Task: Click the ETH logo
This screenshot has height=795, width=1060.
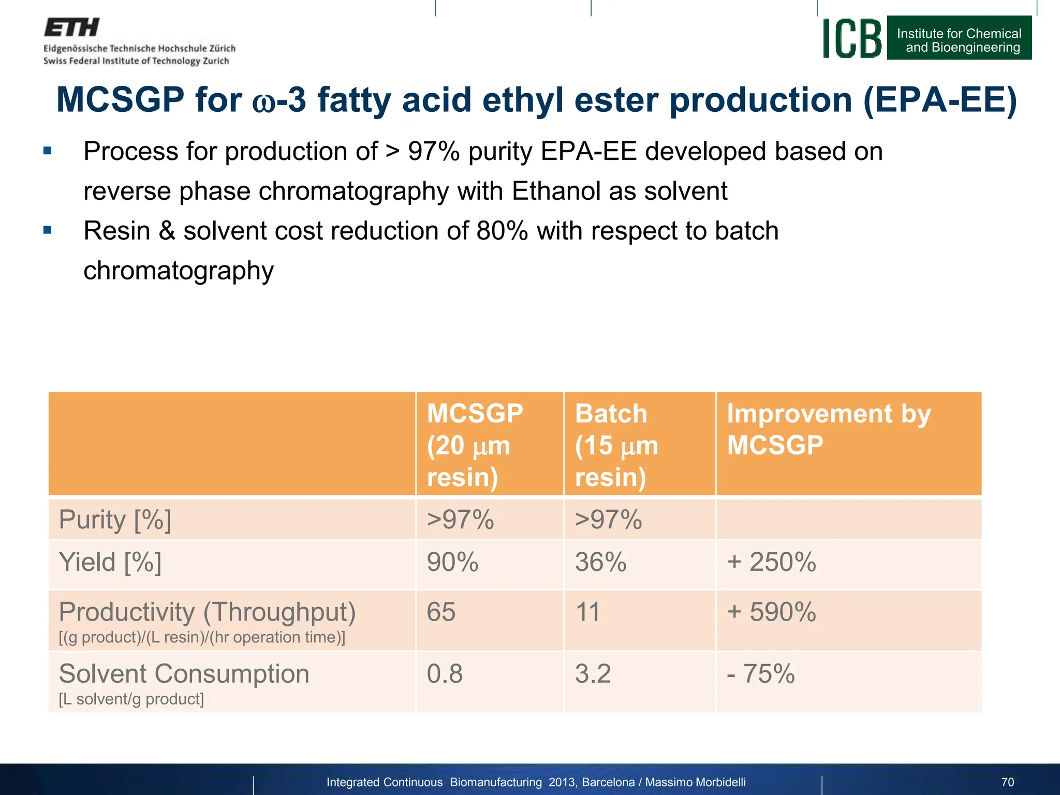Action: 71,27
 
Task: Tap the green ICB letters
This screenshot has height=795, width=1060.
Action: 852,39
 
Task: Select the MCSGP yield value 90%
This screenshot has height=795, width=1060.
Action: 452,562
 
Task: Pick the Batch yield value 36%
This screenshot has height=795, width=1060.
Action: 600,562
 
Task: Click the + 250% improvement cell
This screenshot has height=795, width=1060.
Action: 771,562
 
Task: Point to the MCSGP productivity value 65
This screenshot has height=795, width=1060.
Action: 441,612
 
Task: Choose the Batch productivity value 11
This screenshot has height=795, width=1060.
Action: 587,612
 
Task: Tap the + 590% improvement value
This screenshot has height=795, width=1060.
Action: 771,612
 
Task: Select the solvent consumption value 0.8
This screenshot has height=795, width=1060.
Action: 445,674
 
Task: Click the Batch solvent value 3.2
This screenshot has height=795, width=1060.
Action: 593,674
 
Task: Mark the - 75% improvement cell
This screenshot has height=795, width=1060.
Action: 761,674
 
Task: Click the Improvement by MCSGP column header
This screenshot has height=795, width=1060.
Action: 828,430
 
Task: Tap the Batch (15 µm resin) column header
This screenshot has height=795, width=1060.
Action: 616,445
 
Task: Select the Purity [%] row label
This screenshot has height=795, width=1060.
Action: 115,520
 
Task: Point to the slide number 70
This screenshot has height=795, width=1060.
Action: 1007,782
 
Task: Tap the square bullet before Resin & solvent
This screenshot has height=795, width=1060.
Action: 48,230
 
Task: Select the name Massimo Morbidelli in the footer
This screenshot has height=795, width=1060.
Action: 695,782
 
